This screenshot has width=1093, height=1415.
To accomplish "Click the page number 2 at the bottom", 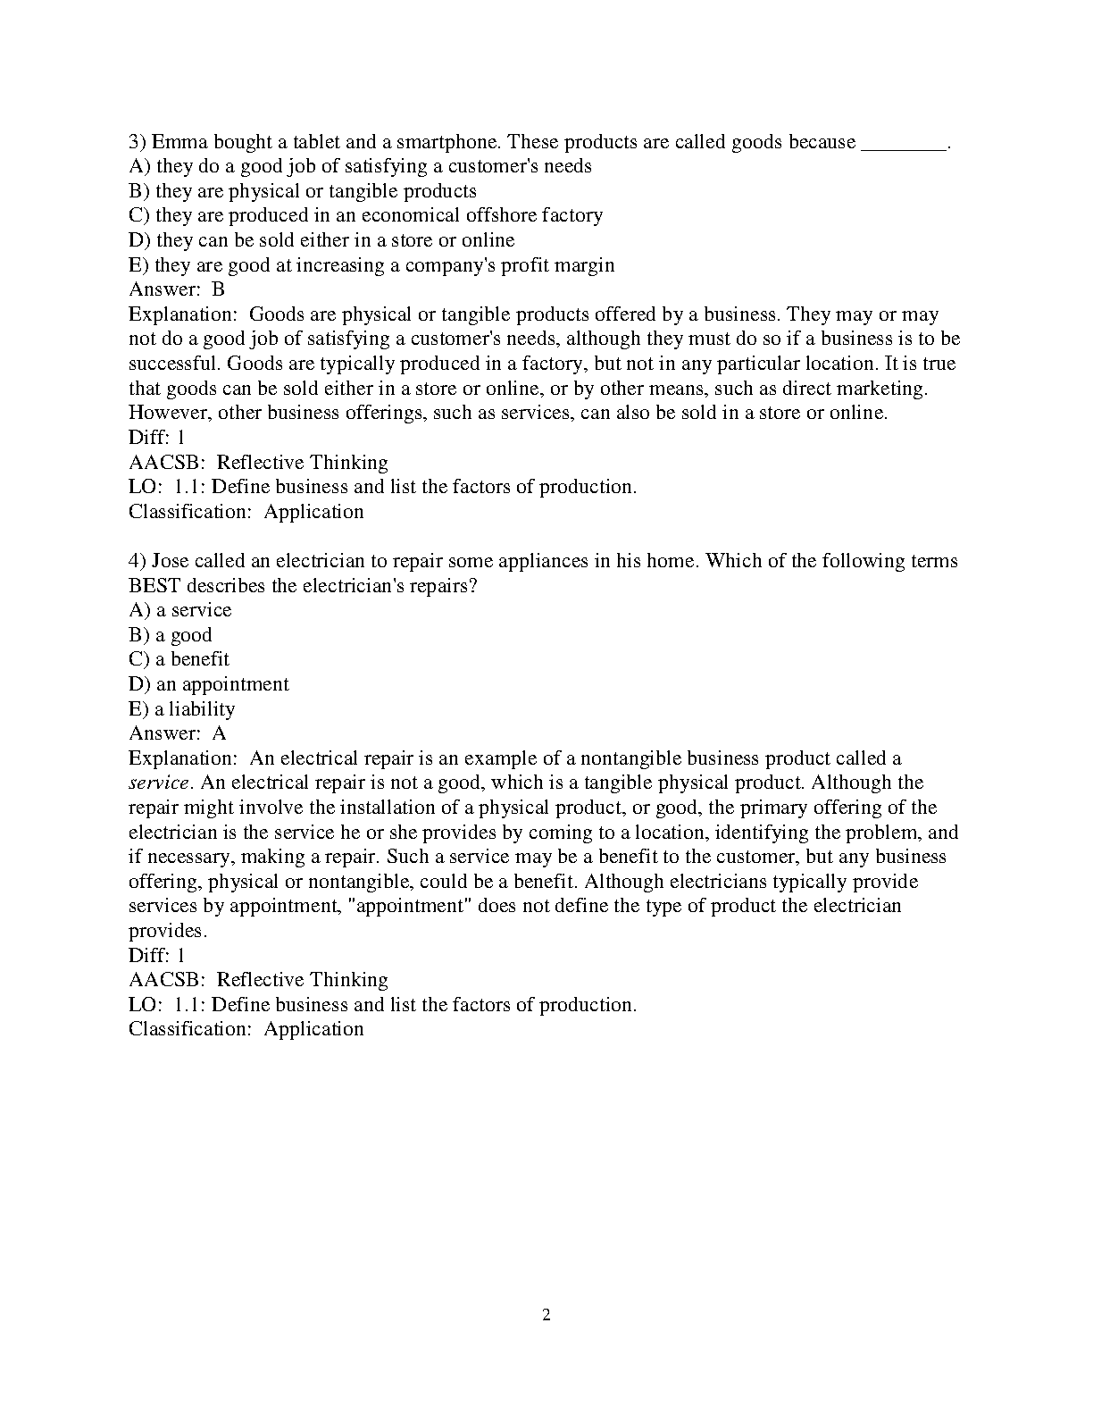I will [546, 1314].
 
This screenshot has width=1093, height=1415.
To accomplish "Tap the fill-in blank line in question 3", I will [903, 143].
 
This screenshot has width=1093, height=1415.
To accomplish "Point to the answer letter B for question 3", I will [218, 289].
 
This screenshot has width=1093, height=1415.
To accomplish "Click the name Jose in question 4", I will [170, 561].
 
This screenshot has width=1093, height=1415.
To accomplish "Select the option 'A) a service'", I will [179, 610].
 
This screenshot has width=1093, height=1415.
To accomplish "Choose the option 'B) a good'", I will [170, 635].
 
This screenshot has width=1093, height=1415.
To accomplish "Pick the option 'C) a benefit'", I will [179, 659].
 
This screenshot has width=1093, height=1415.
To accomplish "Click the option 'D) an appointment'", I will [209, 684].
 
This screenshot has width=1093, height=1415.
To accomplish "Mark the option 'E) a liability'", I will [181, 709].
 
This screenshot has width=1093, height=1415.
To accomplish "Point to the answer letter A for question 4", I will [219, 733].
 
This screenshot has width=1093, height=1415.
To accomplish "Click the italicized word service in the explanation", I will [158, 783].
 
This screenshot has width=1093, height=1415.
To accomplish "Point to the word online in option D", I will [488, 240].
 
